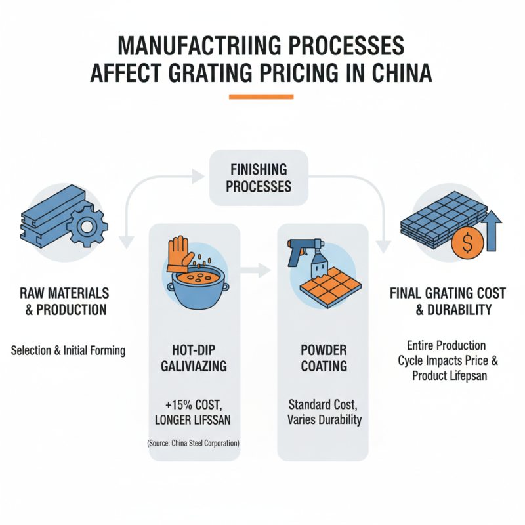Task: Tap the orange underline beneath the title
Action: point(261,97)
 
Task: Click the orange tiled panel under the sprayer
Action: point(327,289)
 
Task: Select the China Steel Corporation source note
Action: point(193,444)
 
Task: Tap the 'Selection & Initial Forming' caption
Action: point(68,350)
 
